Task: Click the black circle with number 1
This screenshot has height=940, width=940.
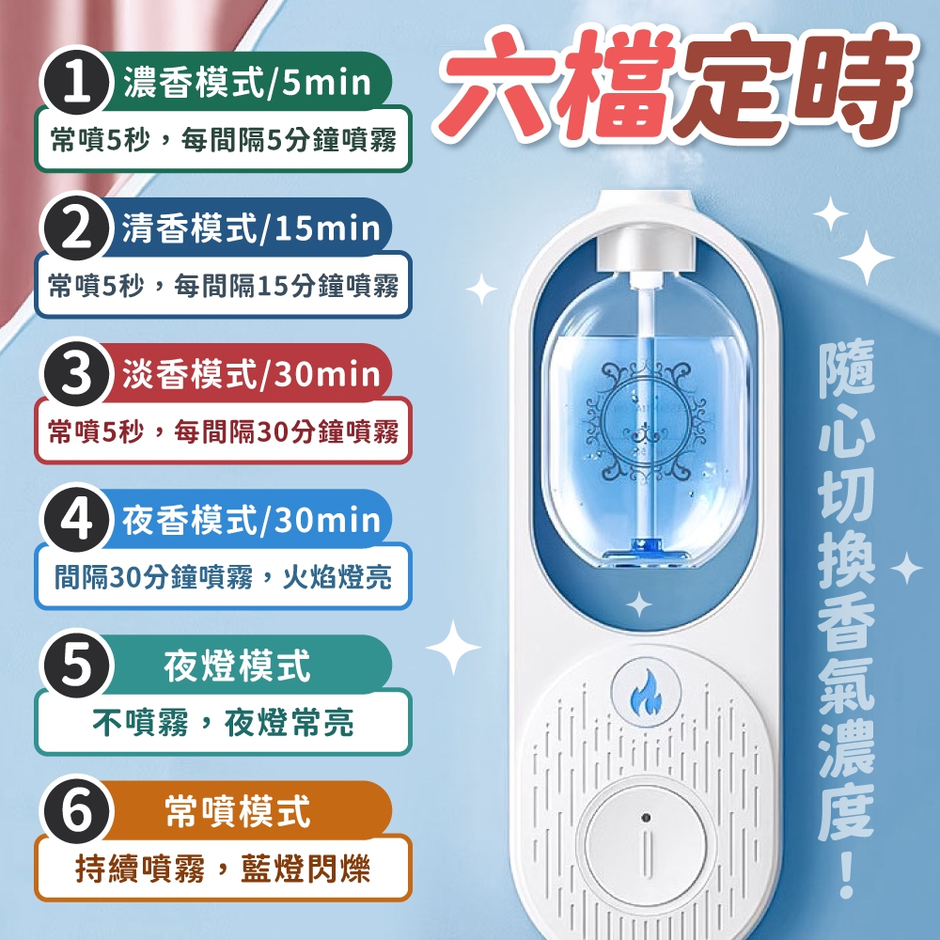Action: (76, 83)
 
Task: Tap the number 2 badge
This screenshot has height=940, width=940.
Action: (76, 228)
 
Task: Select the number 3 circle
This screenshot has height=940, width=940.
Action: (76, 373)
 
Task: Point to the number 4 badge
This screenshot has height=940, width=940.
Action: (76, 519)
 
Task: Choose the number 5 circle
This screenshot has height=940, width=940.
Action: (76, 665)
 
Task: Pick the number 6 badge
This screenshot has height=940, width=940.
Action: (76, 810)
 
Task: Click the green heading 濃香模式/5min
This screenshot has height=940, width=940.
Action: (247, 83)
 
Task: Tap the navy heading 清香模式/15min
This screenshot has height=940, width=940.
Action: (251, 228)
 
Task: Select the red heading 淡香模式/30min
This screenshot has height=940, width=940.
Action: (251, 374)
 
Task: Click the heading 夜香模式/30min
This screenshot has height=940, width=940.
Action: (251, 520)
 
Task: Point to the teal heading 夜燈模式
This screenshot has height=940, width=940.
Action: (238, 666)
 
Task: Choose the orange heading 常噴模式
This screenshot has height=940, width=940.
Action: (238, 811)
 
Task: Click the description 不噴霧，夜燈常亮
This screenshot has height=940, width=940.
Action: (223, 722)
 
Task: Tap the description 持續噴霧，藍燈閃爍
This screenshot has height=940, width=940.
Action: (223, 868)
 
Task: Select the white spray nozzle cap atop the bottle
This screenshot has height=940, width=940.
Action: (645, 251)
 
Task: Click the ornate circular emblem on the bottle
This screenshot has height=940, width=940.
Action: (645, 418)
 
